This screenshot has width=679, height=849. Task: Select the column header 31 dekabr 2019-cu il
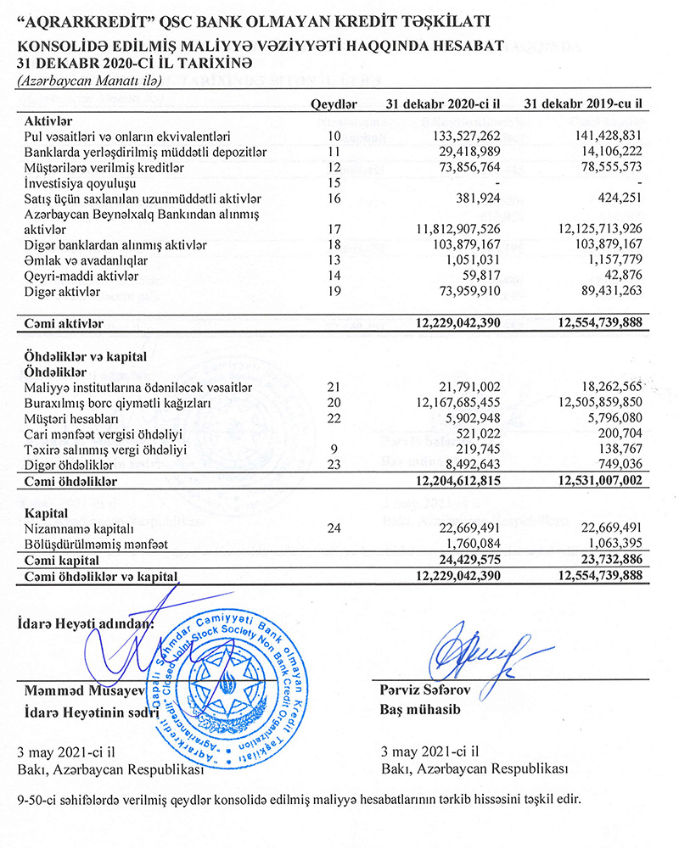coord(581,104)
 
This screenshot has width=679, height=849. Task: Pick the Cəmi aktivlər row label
coord(64,323)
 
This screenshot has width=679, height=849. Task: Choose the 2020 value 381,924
coord(477,198)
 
